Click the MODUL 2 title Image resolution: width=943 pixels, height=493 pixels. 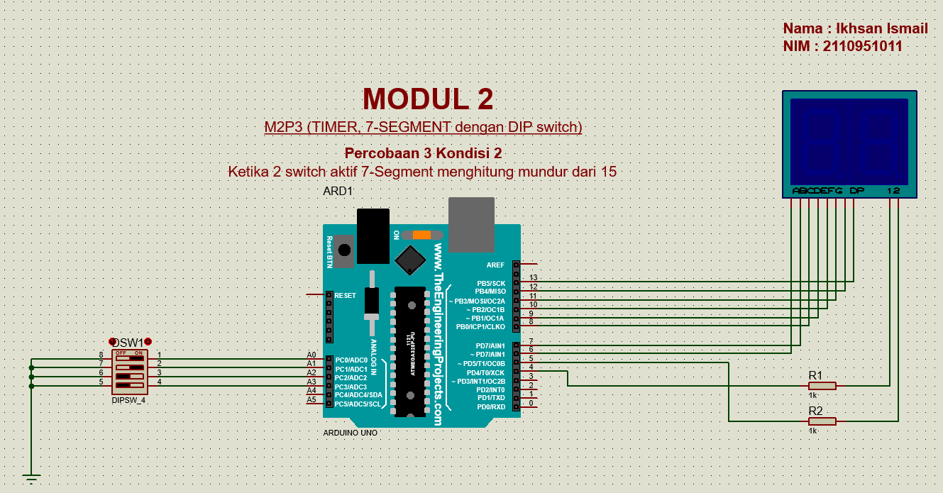[x=428, y=99]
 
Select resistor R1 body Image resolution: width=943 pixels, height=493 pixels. [x=822, y=386]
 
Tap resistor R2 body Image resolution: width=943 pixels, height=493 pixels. [x=822, y=421]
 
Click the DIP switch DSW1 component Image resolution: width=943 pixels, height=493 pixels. [x=129, y=372]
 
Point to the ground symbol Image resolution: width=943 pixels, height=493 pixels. [x=31, y=478]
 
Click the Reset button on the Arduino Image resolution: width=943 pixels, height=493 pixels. [x=345, y=250]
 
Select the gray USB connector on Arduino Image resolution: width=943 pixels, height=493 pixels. [x=471, y=224]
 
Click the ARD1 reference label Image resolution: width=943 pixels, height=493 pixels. [x=338, y=192]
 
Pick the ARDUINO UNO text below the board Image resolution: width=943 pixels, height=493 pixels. [x=351, y=433]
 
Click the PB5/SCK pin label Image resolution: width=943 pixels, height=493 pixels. [x=491, y=283]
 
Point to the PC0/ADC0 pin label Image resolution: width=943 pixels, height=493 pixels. [x=352, y=360]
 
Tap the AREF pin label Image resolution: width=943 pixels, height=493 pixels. [x=495, y=265]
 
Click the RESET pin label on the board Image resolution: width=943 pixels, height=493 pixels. [x=345, y=295]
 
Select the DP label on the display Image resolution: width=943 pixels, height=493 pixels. [x=856, y=191]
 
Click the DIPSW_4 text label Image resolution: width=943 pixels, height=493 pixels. [x=128, y=400]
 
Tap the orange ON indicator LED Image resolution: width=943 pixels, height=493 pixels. [x=421, y=235]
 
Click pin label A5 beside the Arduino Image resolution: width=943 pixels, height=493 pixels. [x=311, y=400]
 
